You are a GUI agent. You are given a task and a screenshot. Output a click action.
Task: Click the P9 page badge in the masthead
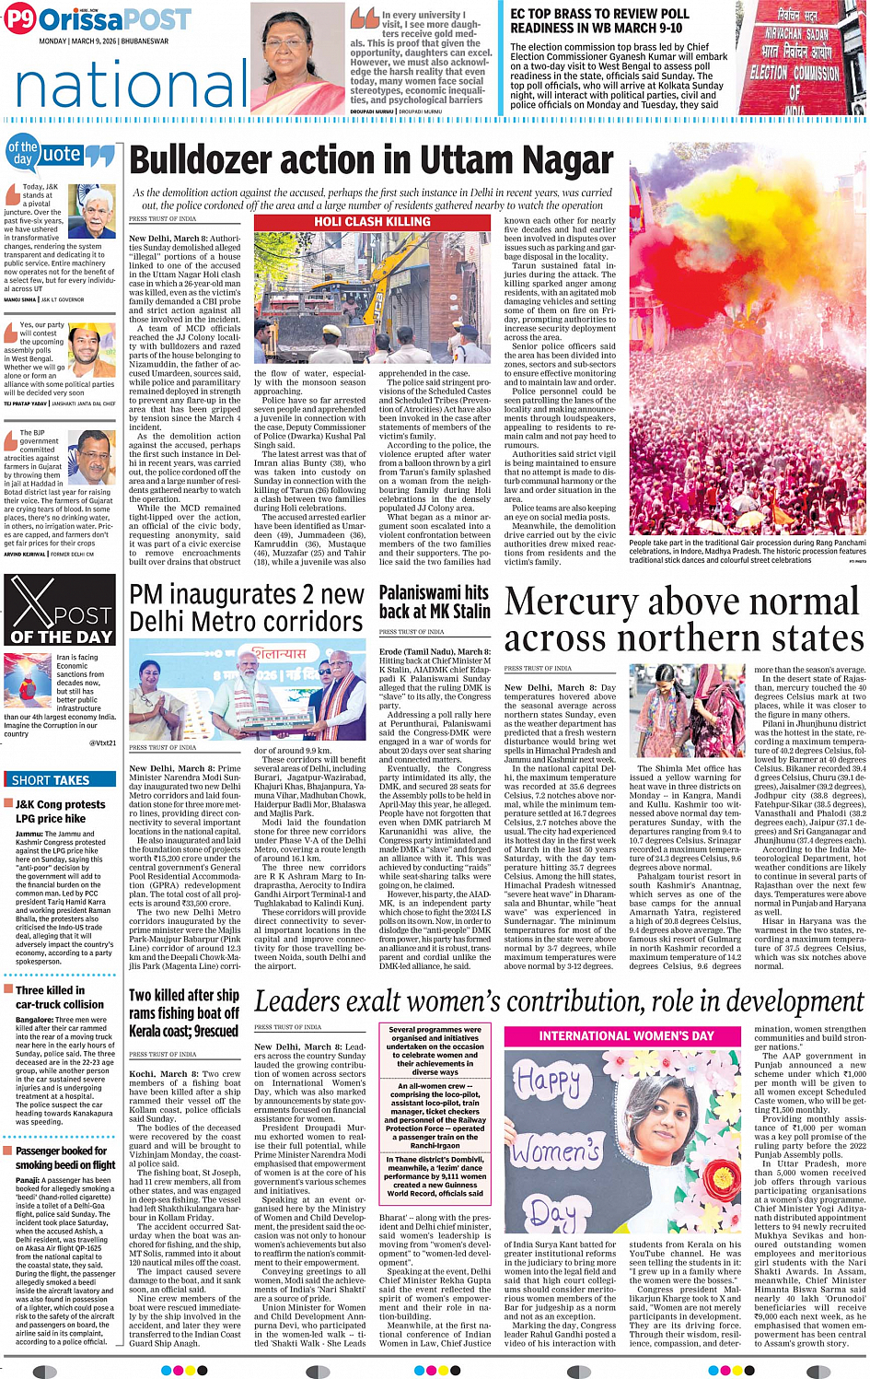pyautogui.click(x=20, y=19)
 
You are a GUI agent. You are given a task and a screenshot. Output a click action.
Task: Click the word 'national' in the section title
pyautogui.click(x=131, y=86)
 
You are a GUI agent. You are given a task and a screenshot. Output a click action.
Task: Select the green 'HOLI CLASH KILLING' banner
pyautogui.click(x=372, y=222)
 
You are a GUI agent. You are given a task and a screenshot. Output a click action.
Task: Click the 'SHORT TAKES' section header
pyautogui.click(x=51, y=779)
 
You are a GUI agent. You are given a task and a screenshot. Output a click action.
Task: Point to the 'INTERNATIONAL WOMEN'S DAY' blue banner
pyautogui.click(x=626, y=1035)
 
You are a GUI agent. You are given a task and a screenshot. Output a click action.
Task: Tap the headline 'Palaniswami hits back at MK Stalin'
pyautogui.click(x=434, y=602)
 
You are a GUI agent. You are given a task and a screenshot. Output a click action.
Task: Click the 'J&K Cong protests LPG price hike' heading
pyautogui.click(x=61, y=811)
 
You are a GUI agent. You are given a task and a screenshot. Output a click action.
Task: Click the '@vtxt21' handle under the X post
pyautogui.click(x=102, y=742)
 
